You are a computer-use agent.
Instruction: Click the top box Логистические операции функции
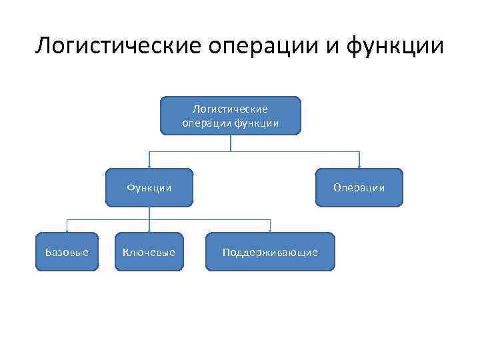(230, 115)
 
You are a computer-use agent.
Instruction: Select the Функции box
(149, 188)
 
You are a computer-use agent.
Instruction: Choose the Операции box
(360, 188)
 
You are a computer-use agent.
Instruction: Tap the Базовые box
(67, 252)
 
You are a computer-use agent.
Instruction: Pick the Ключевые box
(149, 252)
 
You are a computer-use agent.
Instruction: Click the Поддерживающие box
(270, 252)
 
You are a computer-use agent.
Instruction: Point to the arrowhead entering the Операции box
(360, 166)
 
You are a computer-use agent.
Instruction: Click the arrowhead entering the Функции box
(149, 166)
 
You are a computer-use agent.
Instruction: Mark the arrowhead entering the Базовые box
(66, 230)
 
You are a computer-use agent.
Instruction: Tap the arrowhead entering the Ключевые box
(149, 230)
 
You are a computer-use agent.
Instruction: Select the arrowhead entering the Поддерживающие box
(270, 230)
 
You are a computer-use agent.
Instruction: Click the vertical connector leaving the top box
(230, 143)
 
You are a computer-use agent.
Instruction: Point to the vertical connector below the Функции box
(149, 213)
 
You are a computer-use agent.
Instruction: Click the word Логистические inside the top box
(230, 109)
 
